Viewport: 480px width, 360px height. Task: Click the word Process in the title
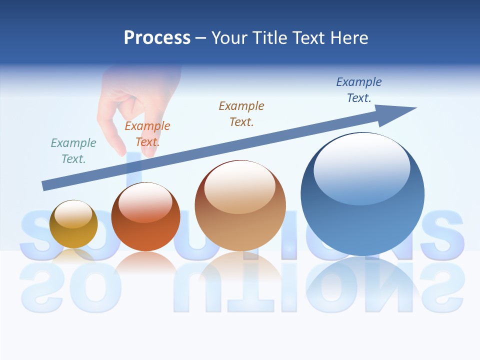pyautogui.click(x=157, y=38)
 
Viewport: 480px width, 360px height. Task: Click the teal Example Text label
pyautogui.click(x=73, y=151)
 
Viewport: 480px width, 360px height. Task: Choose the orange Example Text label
pyautogui.click(x=147, y=134)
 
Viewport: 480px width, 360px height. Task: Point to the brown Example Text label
pyautogui.click(x=241, y=113)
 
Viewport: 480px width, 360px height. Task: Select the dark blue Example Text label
pyautogui.click(x=359, y=90)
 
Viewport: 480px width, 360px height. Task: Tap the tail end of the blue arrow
pyautogui.click(x=46, y=185)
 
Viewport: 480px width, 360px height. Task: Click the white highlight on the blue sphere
pyautogui.click(x=361, y=167)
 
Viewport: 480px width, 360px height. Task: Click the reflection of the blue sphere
pyautogui.click(x=362, y=280)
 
